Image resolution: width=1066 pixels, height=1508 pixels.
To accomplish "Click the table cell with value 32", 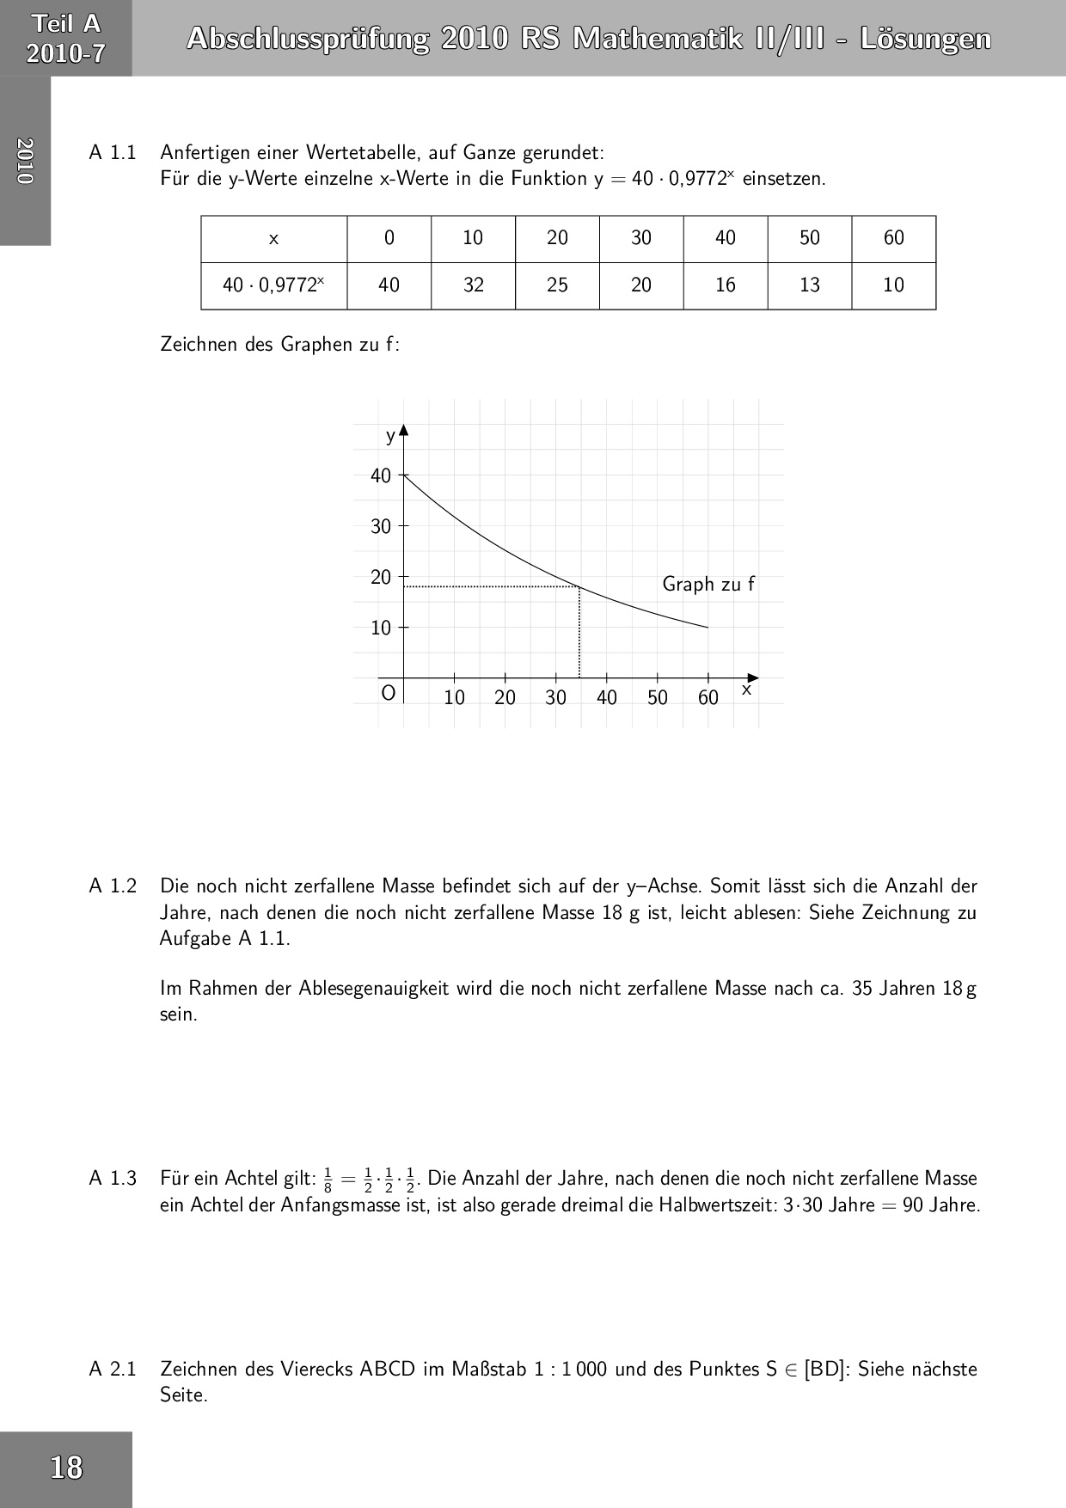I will pyautogui.click(x=473, y=285).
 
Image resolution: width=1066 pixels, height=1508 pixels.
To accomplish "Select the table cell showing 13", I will pyautogui.click(x=810, y=285).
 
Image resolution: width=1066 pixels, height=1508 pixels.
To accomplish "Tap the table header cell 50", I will pyautogui.click(x=810, y=238).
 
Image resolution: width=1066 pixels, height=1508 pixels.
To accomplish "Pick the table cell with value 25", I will pyautogui.click(x=557, y=285).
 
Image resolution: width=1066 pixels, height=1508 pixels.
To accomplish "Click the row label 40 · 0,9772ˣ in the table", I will pyautogui.click(x=273, y=285).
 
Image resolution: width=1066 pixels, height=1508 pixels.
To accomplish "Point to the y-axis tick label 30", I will pyautogui.click(x=381, y=526).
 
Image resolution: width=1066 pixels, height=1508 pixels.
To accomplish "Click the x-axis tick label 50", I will pyautogui.click(x=658, y=697).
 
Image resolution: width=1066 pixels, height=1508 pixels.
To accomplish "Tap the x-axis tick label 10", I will pyautogui.click(x=454, y=697).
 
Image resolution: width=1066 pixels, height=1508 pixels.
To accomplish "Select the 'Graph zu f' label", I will pyautogui.click(x=708, y=585).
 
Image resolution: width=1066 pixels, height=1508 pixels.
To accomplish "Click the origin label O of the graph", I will pyautogui.click(x=389, y=693).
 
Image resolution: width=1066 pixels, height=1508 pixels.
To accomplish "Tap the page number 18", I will pyautogui.click(x=66, y=1467).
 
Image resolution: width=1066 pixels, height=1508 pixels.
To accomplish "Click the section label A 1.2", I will pyautogui.click(x=113, y=886).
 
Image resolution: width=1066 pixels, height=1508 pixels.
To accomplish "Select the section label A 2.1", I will pyautogui.click(x=113, y=1369).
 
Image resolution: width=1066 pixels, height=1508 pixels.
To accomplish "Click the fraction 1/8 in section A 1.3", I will pyautogui.click(x=328, y=1180).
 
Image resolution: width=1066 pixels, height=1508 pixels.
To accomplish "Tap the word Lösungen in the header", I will pyautogui.click(x=925, y=40).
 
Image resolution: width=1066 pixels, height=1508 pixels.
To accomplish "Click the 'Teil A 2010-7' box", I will pyautogui.click(x=66, y=39).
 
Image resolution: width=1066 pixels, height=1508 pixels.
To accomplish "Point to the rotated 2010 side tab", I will pyautogui.click(x=25, y=161).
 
